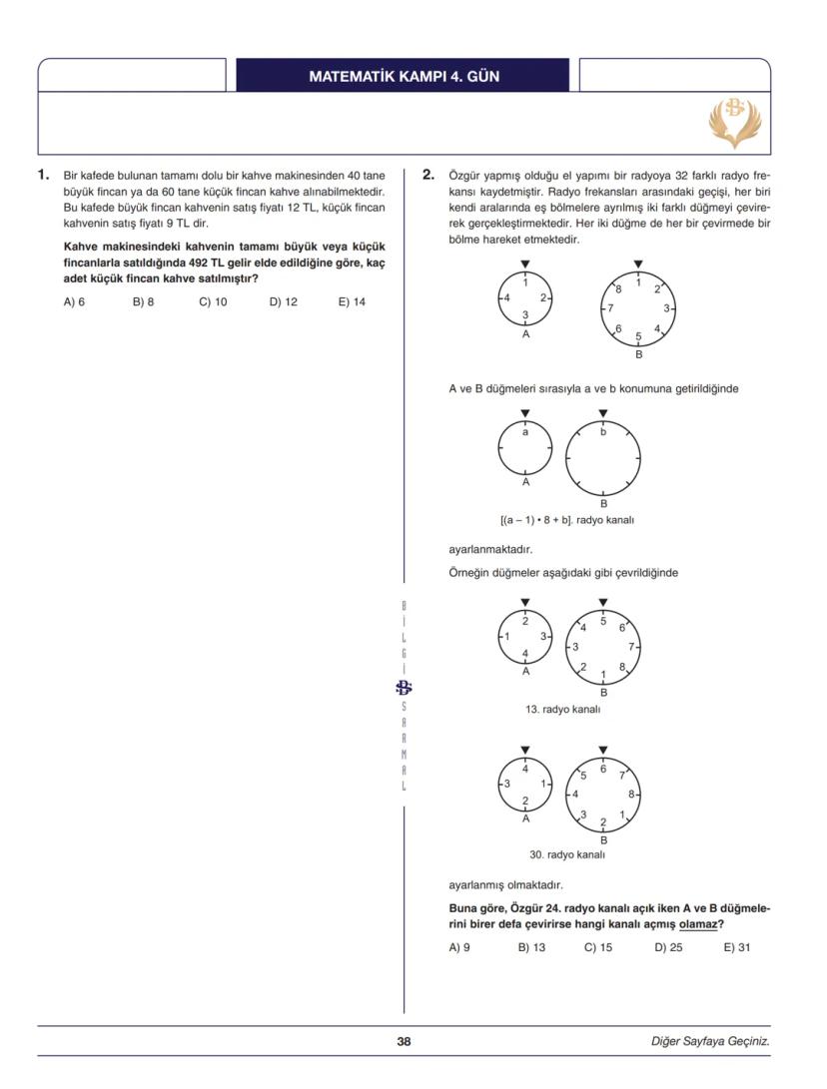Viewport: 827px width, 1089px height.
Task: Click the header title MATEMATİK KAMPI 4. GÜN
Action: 404,76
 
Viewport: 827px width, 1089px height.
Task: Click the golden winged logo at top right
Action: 734,123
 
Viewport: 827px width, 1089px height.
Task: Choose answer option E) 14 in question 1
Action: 352,301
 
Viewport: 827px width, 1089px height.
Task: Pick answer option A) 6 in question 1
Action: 74,301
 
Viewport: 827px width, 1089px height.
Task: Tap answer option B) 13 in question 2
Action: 531,947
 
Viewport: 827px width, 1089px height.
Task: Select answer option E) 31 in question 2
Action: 736,947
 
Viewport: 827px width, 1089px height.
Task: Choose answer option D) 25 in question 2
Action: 668,947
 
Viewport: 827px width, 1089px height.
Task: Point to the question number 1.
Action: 43,175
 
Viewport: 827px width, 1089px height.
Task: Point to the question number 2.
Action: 428,175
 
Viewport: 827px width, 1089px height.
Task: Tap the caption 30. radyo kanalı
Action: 567,854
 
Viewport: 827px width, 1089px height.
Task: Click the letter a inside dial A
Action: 525,431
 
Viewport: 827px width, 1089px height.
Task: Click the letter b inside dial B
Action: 603,432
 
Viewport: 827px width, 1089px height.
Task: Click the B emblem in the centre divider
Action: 404,687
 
